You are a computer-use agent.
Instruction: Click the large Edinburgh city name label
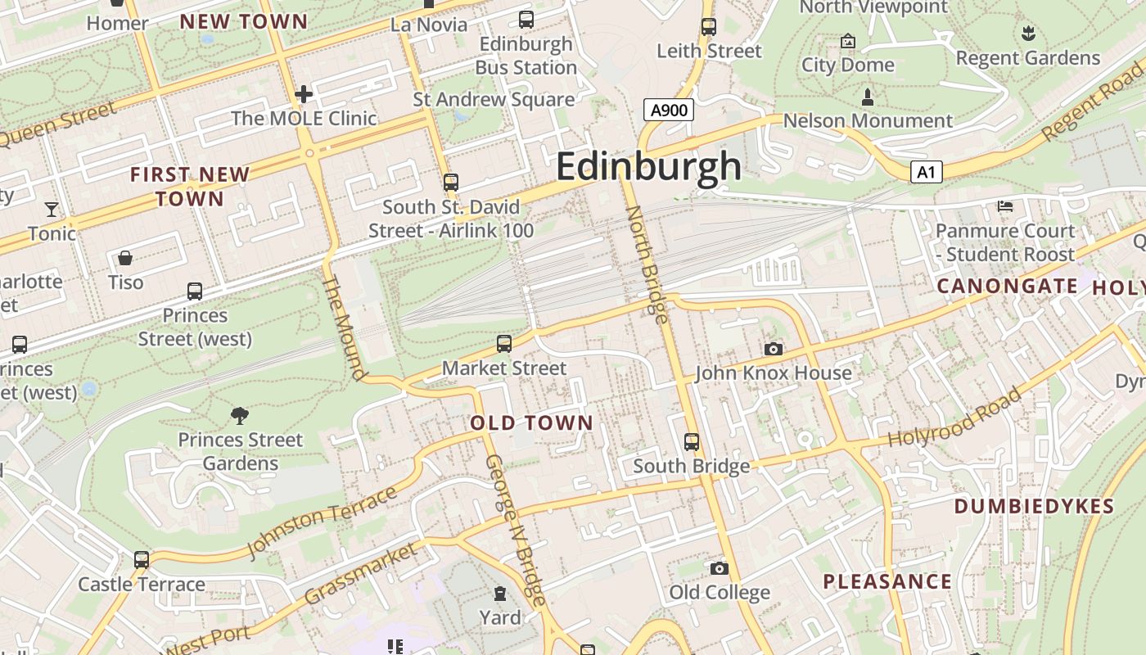pyautogui.click(x=648, y=166)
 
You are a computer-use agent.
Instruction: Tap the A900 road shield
pyautogui.click(x=668, y=110)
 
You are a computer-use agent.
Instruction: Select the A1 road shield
pyautogui.click(x=926, y=172)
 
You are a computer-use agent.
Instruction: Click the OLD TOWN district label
pyautogui.click(x=531, y=423)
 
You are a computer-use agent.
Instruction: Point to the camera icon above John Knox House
pyautogui.click(x=773, y=350)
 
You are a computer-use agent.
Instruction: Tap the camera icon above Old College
pyautogui.click(x=719, y=568)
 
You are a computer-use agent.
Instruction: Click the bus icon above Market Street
pyautogui.click(x=504, y=344)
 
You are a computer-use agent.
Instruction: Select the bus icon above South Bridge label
pyautogui.click(x=692, y=442)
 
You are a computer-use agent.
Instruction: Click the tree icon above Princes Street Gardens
pyautogui.click(x=240, y=415)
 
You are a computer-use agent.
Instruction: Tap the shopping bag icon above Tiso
pyautogui.click(x=125, y=259)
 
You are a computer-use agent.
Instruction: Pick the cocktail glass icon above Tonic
pyautogui.click(x=52, y=210)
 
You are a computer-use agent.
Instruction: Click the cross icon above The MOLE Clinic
pyautogui.click(x=304, y=94)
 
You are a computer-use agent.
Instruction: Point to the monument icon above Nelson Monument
pyautogui.click(x=868, y=97)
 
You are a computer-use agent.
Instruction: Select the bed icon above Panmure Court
pyautogui.click(x=1005, y=206)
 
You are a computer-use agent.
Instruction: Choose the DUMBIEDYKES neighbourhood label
pyautogui.click(x=1034, y=506)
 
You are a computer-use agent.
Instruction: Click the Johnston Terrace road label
pyautogui.click(x=322, y=522)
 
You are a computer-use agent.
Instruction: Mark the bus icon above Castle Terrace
pyautogui.click(x=142, y=560)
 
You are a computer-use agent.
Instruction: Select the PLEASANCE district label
pyautogui.click(x=887, y=582)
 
